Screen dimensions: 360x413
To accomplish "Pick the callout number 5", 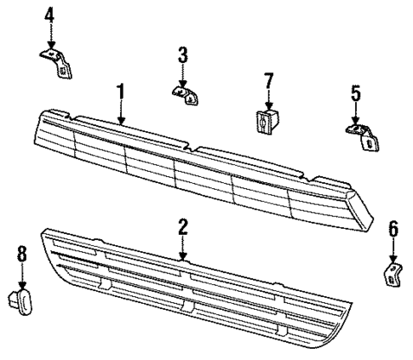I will pos(354,92).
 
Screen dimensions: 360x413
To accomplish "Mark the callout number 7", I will pos(268,82).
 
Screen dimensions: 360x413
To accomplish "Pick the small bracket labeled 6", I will pos(391,273).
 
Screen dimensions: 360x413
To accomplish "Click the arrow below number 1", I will pos(121,112).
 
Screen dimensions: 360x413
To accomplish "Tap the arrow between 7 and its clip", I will pos(268,100).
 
